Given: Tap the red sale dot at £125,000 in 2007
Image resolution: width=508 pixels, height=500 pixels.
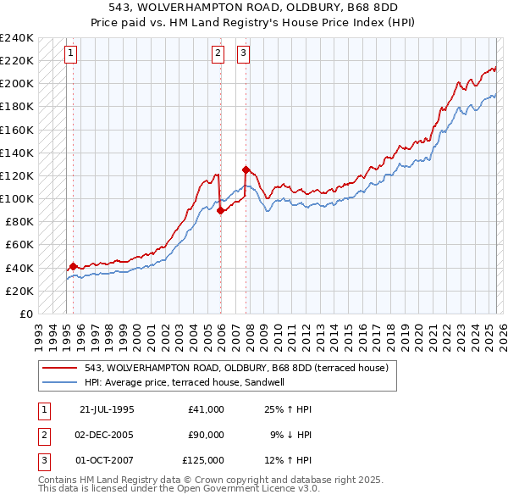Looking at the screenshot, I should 246,169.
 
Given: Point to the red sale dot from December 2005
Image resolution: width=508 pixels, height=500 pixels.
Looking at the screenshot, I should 220,210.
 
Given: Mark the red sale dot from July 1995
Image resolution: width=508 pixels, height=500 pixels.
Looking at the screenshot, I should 73,266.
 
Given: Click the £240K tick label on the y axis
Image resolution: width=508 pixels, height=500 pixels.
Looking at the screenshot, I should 17,38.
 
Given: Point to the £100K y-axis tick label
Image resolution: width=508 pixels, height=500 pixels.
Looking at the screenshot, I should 17,199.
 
